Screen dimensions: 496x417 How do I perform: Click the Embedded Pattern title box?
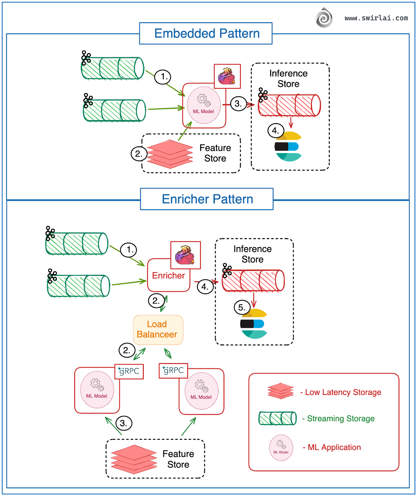[x=206, y=33]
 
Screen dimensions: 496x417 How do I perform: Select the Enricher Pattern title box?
[x=207, y=199]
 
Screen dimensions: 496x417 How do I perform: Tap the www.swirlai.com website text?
[x=376, y=18]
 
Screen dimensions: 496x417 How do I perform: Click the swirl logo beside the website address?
[x=324, y=18]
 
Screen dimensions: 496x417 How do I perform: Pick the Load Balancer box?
[x=158, y=330]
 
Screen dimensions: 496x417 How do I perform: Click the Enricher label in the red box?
[x=168, y=276]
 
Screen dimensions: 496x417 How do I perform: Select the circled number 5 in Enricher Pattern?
[x=242, y=308]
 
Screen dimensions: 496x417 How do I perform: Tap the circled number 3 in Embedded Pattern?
[x=238, y=104]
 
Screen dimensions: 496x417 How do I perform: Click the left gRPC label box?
[x=129, y=371]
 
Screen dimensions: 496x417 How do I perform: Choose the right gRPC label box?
[x=173, y=370]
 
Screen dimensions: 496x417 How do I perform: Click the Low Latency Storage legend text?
[x=343, y=392]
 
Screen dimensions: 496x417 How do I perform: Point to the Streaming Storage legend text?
[x=340, y=418]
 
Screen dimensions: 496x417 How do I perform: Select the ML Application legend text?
[x=334, y=447]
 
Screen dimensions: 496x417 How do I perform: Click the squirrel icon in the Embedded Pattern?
[x=227, y=76]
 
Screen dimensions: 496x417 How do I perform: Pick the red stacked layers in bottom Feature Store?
[x=134, y=459]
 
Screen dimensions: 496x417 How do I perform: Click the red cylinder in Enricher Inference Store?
[x=253, y=281]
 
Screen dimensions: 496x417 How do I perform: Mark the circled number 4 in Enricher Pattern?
[x=205, y=286]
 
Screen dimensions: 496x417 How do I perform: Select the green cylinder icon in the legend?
[x=278, y=418]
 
